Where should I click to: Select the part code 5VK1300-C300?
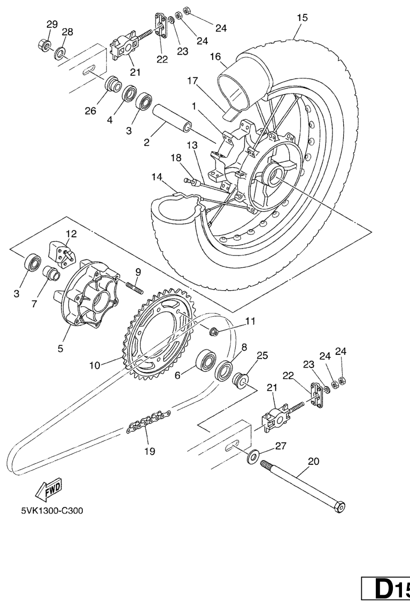point(52,511)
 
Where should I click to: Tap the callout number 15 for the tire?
point(303,18)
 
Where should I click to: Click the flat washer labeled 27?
point(253,457)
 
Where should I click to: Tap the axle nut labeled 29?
point(44,45)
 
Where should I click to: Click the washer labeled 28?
point(60,53)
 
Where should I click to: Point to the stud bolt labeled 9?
point(134,287)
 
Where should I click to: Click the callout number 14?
point(157,177)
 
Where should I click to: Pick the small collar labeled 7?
point(51,273)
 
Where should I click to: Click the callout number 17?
point(192,81)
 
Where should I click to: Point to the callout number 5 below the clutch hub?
point(60,348)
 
